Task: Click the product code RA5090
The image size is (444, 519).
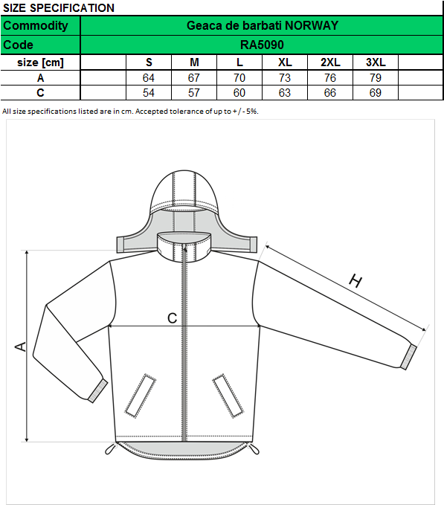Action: point(262,45)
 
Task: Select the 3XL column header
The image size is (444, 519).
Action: point(376,62)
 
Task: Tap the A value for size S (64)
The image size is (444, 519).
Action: point(148,78)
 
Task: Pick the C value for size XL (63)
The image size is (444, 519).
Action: point(285,93)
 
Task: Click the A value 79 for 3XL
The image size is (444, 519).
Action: point(376,78)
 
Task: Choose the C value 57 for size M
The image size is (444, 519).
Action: point(194,93)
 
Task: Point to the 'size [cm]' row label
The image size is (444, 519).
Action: point(40,62)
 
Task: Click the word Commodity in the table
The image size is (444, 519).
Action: point(36,25)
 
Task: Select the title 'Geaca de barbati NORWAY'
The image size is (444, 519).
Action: point(263,25)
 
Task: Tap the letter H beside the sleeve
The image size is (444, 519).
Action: point(355,281)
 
